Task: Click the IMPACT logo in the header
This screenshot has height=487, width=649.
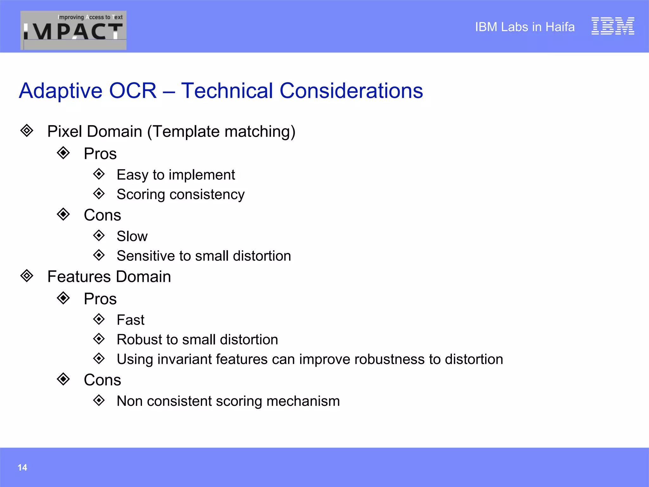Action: pyautogui.click(x=73, y=30)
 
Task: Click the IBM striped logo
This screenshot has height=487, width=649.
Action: pyautogui.click(x=613, y=26)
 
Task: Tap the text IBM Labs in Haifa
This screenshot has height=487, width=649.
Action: pyautogui.click(x=524, y=27)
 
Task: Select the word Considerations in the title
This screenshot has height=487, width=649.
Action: pyautogui.click(x=351, y=91)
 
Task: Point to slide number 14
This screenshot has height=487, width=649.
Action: pyautogui.click(x=22, y=467)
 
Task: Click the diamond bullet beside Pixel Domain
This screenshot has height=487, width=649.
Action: pyautogui.click(x=27, y=131)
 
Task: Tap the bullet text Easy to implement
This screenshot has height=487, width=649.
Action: pyautogui.click(x=176, y=175)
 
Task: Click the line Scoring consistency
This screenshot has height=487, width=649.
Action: pyautogui.click(x=181, y=194)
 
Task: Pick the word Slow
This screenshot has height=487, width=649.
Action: pyautogui.click(x=132, y=236)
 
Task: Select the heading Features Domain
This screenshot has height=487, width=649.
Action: pyautogui.click(x=109, y=276)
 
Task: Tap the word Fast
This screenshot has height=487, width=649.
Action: pyautogui.click(x=130, y=320)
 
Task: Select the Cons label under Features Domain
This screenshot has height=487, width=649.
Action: pyautogui.click(x=102, y=380)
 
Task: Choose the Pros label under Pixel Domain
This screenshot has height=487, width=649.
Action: pyautogui.click(x=100, y=154)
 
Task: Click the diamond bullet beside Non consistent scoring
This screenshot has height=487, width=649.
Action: pyautogui.click(x=99, y=400)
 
